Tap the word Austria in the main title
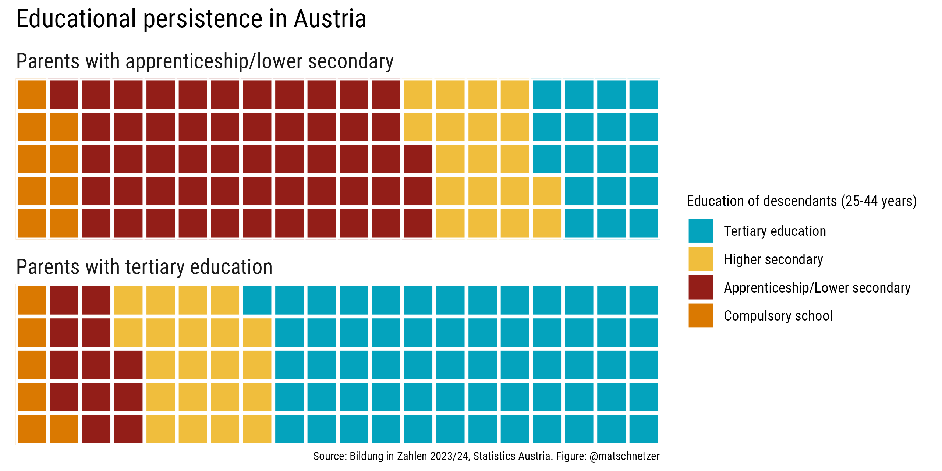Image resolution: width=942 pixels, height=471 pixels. (330, 19)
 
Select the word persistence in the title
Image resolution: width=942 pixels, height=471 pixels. (202, 19)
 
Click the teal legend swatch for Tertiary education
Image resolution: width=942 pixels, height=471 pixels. (700, 231)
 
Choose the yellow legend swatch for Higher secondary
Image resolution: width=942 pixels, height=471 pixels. (700, 259)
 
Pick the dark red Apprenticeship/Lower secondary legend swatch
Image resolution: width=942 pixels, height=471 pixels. (700, 287)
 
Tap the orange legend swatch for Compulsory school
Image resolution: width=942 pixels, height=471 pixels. (700, 315)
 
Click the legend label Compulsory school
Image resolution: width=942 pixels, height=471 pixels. (778, 316)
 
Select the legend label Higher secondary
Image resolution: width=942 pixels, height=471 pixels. (773, 259)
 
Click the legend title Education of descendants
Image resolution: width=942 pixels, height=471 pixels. (762, 201)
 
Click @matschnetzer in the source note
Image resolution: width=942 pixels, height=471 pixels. (624, 456)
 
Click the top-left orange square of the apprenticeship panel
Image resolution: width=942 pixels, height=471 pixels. (32, 95)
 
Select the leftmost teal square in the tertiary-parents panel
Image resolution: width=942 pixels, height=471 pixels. (257, 300)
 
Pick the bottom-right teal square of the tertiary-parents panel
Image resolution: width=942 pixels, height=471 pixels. (644, 429)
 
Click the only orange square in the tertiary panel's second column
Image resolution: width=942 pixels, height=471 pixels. (64, 429)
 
